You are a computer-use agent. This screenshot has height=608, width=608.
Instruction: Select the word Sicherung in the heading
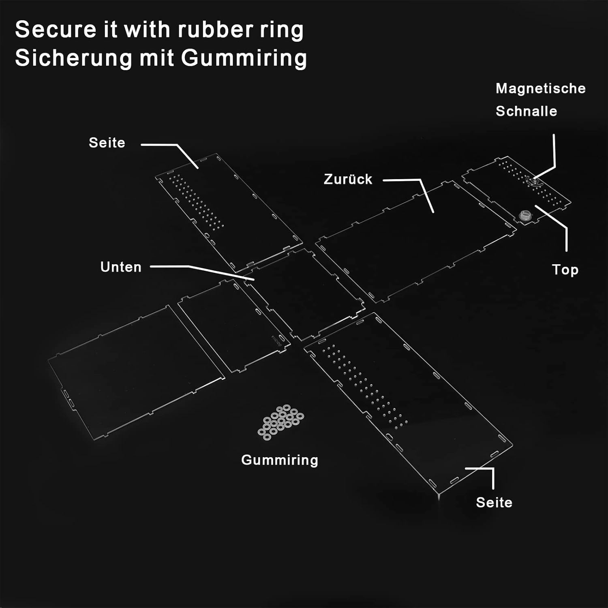[74, 58]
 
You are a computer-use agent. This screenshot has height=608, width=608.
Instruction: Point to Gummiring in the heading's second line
[244, 58]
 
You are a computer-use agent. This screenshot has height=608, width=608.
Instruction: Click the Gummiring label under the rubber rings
[280, 460]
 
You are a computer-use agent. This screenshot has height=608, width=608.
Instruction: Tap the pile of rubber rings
[280, 422]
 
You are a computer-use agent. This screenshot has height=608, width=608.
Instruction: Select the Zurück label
[348, 179]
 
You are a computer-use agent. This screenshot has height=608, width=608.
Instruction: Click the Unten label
[121, 267]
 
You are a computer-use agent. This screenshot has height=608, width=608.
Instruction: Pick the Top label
[565, 270]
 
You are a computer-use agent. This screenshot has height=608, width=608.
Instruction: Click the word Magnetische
[541, 88]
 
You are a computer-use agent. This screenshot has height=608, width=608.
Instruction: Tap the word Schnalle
[526, 111]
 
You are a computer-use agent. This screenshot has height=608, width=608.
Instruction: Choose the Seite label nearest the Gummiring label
[494, 503]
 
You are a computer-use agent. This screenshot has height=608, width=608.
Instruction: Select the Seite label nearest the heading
[107, 143]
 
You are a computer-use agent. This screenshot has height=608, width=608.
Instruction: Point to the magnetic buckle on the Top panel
[533, 182]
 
